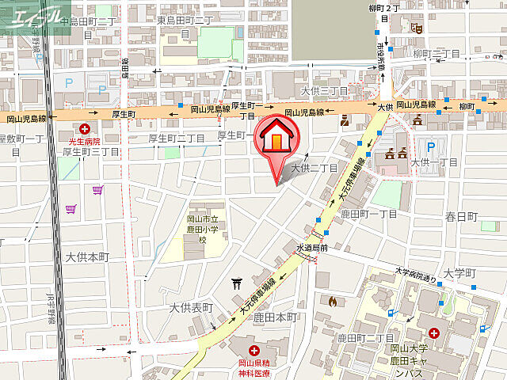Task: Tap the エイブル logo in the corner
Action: click(31, 16)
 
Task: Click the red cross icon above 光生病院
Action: click(85, 127)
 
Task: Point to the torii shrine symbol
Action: click(237, 283)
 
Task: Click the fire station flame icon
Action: click(331, 301)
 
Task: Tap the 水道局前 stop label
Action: click(312, 248)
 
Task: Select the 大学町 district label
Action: click(459, 273)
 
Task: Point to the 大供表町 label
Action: click(191, 307)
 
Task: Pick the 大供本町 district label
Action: click(86, 257)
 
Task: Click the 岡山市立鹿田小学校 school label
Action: click(204, 230)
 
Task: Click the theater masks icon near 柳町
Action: click(418, 29)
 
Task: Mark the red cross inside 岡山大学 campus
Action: click(435, 336)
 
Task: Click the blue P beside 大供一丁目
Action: click(431, 146)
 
